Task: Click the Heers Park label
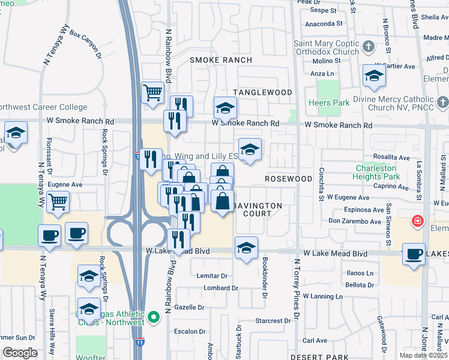click(331, 103)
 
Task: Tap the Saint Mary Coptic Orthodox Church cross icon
click(368, 45)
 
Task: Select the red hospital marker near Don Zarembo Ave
click(416, 222)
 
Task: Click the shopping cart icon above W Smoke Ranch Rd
click(153, 92)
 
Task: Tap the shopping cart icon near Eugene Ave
click(58, 202)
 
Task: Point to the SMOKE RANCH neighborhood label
click(221, 60)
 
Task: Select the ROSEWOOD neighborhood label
click(289, 179)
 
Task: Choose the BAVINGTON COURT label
click(258, 209)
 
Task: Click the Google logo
click(20, 353)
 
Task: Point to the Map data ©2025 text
click(423, 355)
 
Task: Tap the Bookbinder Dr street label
click(264, 277)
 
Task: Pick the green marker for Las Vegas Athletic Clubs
click(153, 315)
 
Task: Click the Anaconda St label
click(324, 24)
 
